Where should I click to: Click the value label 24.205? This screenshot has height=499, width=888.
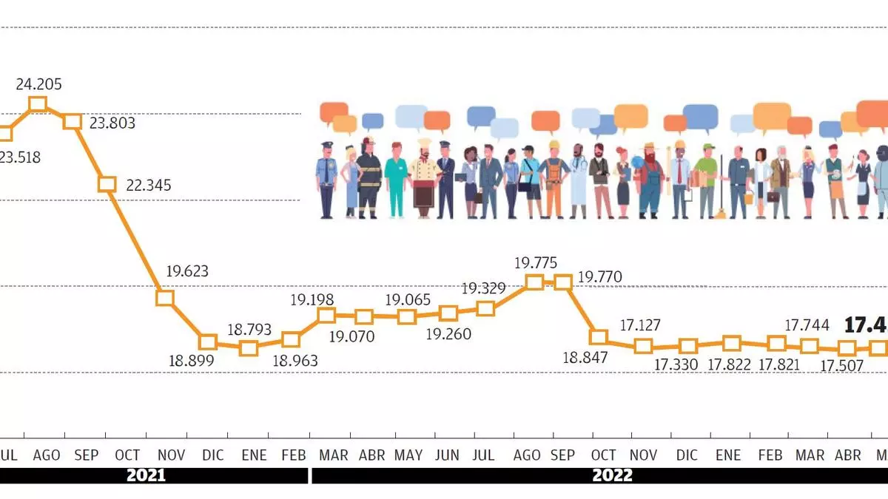coord(39,84)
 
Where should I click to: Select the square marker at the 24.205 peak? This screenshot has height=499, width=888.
coord(38,103)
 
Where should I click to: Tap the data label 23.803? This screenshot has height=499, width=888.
coord(112,123)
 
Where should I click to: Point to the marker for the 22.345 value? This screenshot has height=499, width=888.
coord(107,183)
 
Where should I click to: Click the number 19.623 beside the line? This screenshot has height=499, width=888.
coord(187,271)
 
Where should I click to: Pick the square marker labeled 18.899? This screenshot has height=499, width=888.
coord(208,342)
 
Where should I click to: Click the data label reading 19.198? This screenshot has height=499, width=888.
coord(312,300)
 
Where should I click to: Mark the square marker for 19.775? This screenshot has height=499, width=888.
coord(534,282)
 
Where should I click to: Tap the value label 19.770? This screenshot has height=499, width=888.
coord(599,277)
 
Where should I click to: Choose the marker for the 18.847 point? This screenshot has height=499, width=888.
coord(598,337)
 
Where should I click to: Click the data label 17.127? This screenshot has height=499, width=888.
coord(640,325)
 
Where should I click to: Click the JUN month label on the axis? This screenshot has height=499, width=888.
coord(447,455)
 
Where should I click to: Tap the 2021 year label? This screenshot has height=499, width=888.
coord(146,475)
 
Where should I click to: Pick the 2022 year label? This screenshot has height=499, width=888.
coord(612,475)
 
